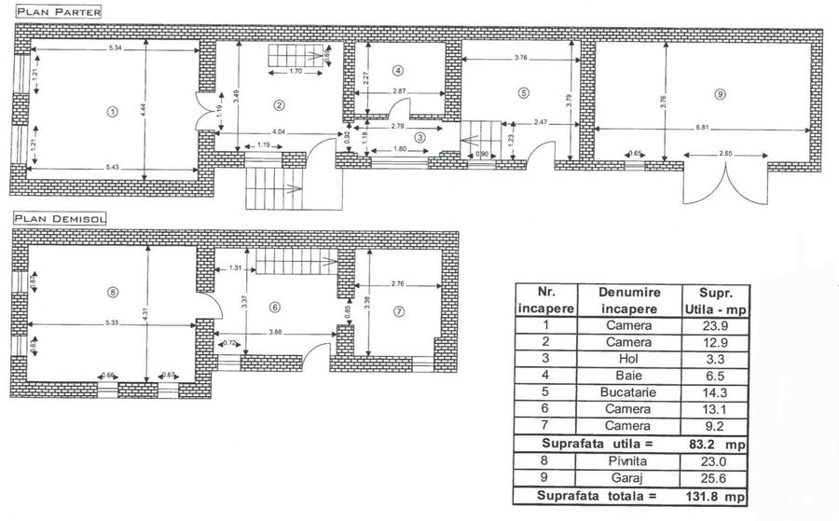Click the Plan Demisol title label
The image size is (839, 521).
tap(59, 218)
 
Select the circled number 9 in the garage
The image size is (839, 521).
tap(719, 94)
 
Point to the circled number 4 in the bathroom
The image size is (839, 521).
tap(397, 70)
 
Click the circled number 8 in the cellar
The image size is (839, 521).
tap(113, 292)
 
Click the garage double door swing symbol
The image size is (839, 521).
tap(725, 185)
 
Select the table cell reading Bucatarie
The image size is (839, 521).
tap(630, 392)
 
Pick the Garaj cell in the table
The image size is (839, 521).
tap(630, 476)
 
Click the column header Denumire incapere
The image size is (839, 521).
tap(630, 300)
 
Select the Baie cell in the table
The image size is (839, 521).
tap(630, 376)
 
